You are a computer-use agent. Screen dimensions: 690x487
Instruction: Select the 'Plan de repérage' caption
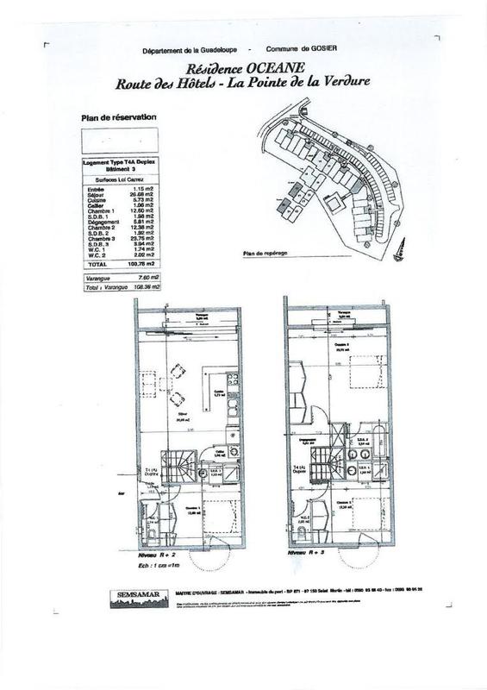[x=268, y=254]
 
